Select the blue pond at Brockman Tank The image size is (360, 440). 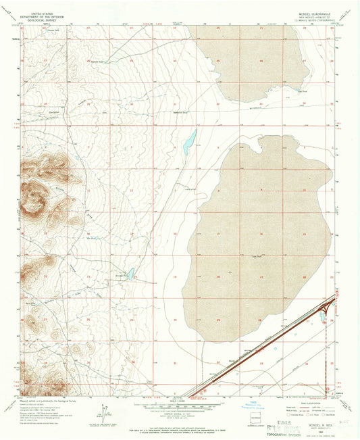click(131, 274)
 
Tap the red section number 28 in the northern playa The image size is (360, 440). click(261, 61)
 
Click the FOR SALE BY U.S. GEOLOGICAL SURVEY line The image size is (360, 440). click(180, 429)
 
